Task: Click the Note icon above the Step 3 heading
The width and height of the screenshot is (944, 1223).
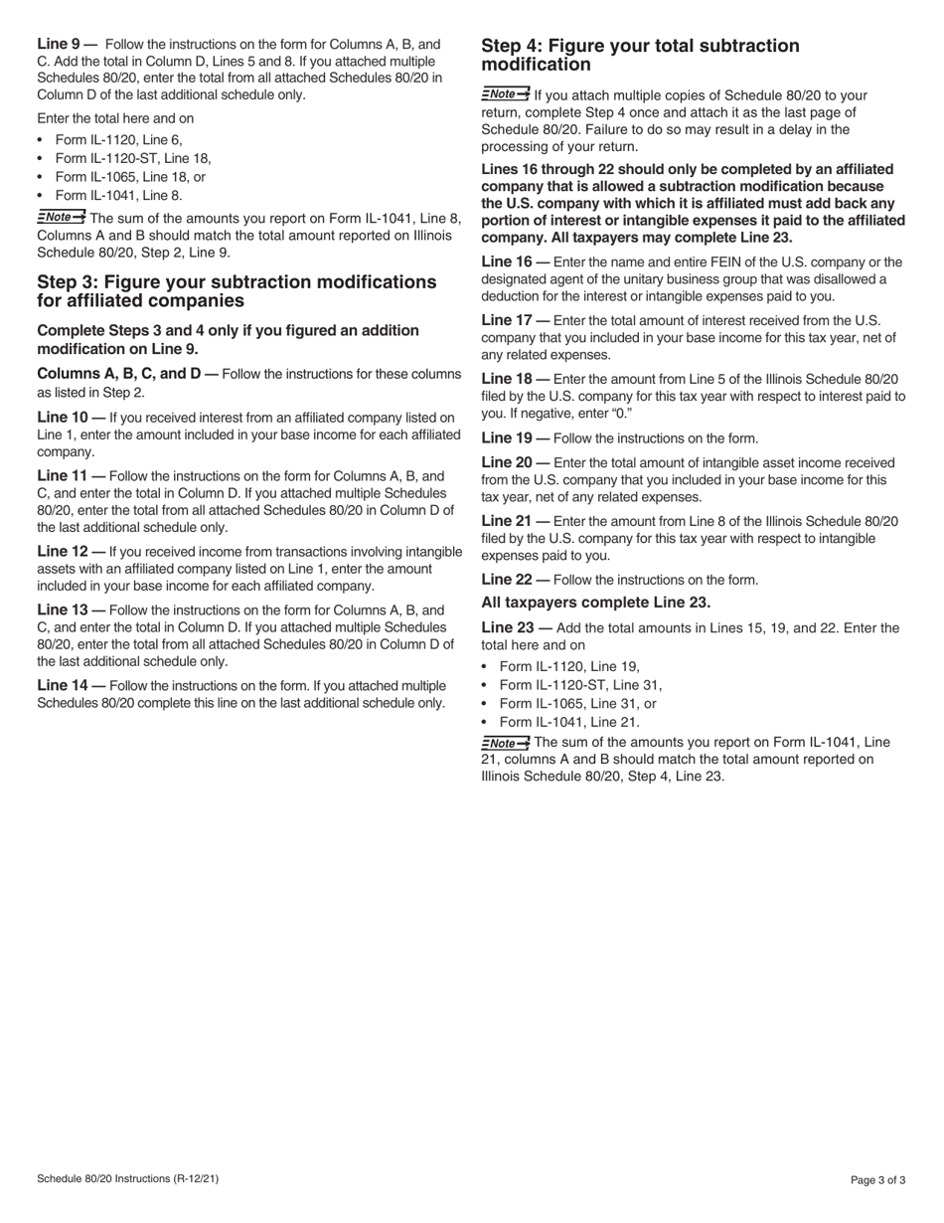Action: pyautogui.click(x=61, y=217)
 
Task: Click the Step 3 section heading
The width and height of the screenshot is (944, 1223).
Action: pyautogui.click(x=236, y=291)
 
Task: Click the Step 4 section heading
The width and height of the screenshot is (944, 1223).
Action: pyautogui.click(x=640, y=55)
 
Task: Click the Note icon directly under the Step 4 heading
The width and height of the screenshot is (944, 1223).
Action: pyautogui.click(x=505, y=94)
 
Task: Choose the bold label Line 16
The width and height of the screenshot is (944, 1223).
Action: pyautogui.click(x=508, y=262)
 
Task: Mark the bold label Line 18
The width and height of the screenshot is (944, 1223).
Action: pyautogui.click(x=508, y=379)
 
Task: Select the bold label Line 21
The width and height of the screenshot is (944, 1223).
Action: pyautogui.click(x=508, y=521)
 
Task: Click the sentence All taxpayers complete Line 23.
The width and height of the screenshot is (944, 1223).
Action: pyautogui.click(x=595, y=603)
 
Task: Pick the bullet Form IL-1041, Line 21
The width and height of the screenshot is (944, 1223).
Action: pyautogui.click(x=569, y=723)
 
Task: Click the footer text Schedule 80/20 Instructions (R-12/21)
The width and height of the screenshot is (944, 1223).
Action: pyautogui.click(x=127, y=1179)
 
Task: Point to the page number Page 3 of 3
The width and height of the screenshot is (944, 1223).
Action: pyautogui.click(x=877, y=1180)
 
